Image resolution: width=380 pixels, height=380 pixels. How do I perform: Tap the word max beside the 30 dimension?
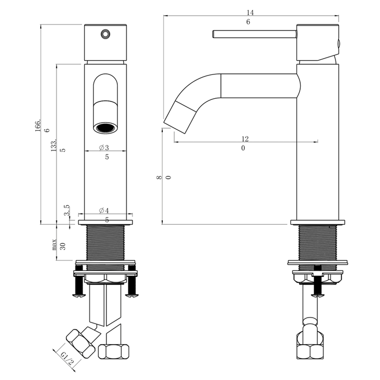[54, 244]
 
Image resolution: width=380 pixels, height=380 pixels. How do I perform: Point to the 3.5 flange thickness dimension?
[67, 210]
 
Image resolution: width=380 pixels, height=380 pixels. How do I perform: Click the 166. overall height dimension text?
[38, 125]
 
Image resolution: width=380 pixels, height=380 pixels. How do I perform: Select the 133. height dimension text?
[54, 145]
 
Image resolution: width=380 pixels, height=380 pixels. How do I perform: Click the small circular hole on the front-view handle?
[106, 34]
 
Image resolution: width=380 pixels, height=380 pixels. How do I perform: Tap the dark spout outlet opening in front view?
[105, 128]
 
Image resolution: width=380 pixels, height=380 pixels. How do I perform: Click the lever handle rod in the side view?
[255, 34]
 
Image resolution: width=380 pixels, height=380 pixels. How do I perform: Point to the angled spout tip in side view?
[180, 117]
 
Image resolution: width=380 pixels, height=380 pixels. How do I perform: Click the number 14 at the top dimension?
[250, 12]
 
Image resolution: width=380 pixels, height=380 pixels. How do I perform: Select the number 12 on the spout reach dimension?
[245, 139]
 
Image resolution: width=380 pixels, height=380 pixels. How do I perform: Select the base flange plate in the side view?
[318, 222]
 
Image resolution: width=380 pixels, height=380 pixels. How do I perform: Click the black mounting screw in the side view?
[318, 281]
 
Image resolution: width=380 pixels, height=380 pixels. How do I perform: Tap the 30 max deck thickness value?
[62, 246]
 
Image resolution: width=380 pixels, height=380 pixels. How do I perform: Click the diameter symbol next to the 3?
[102, 147]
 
